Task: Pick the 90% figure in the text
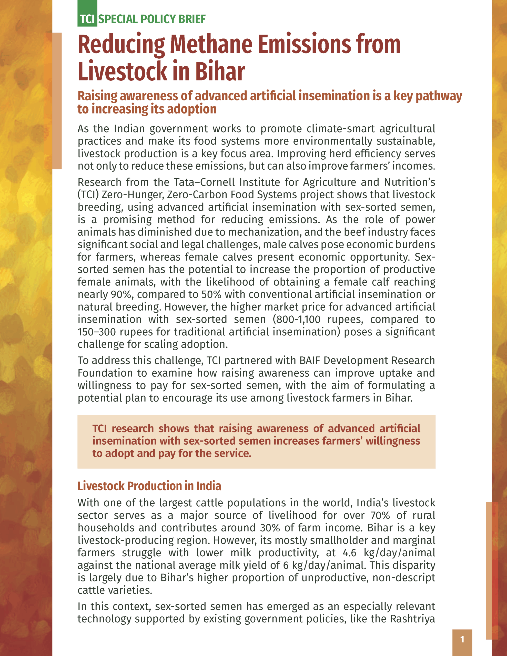121,294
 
